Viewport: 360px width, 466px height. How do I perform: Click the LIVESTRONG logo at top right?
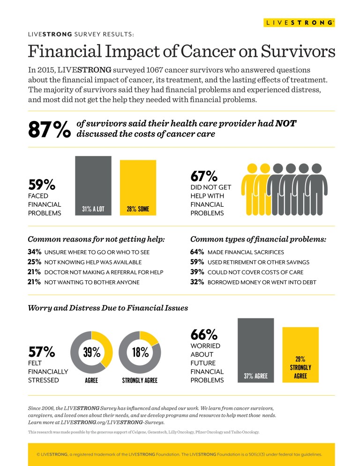coord(299,22)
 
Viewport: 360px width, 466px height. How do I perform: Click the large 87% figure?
coord(49,129)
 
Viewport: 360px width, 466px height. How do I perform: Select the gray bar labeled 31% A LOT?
coord(93,186)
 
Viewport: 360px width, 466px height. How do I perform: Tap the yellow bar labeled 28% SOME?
coord(138,188)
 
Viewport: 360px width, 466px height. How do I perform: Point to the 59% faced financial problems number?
coord(42,184)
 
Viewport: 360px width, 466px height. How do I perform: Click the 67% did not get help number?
coord(204,176)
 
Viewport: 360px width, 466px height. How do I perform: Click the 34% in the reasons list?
coord(34,252)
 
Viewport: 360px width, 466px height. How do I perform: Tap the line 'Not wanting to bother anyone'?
coord(91,282)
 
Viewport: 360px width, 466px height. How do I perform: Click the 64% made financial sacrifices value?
coord(197,252)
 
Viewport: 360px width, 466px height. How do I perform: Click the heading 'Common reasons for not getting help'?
coord(96,239)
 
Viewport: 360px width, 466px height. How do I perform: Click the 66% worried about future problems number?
coord(204,335)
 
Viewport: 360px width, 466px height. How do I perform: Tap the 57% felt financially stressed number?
coord(42,352)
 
